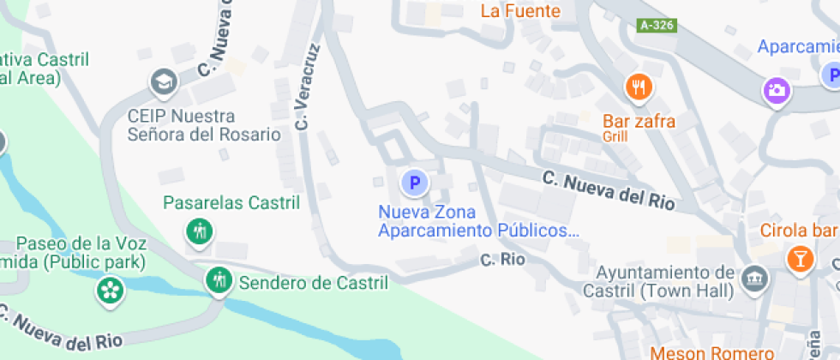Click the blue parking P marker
coord(415,183)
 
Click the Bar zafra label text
coord(639,122)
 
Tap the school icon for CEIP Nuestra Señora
coord(161,83)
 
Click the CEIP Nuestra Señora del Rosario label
coord(203,125)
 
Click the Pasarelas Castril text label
coord(231,203)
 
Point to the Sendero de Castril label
coord(313,282)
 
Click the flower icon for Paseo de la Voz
coord(110,290)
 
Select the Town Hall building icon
coord(754,279)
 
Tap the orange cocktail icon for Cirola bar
coord(800,258)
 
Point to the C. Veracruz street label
coord(309,87)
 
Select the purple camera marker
coord(777,90)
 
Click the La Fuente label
coord(520,11)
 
